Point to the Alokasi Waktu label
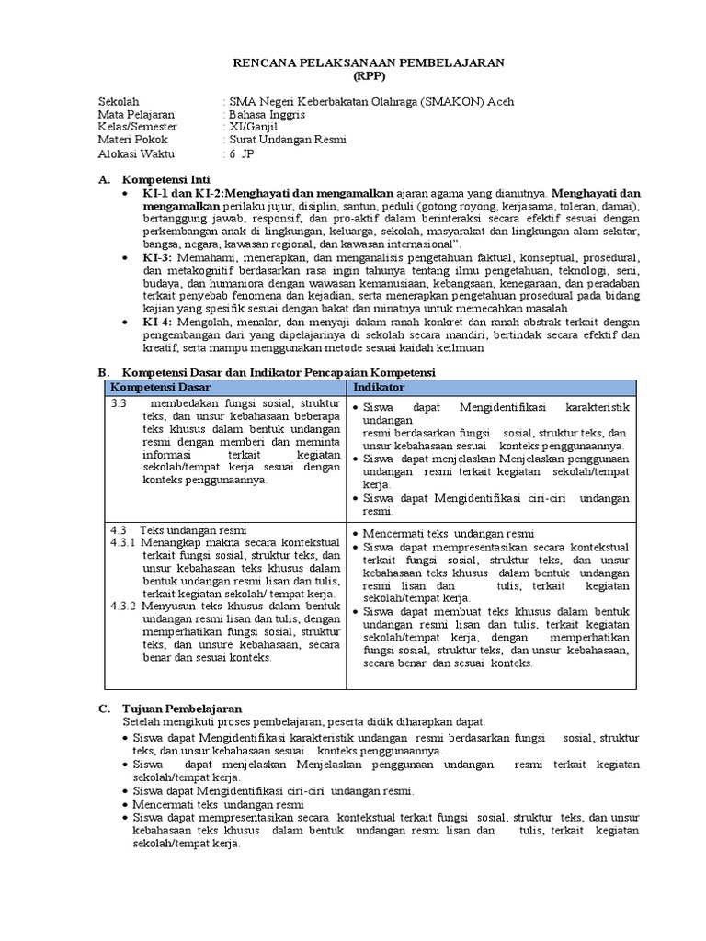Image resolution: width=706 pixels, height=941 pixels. tap(136, 153)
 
